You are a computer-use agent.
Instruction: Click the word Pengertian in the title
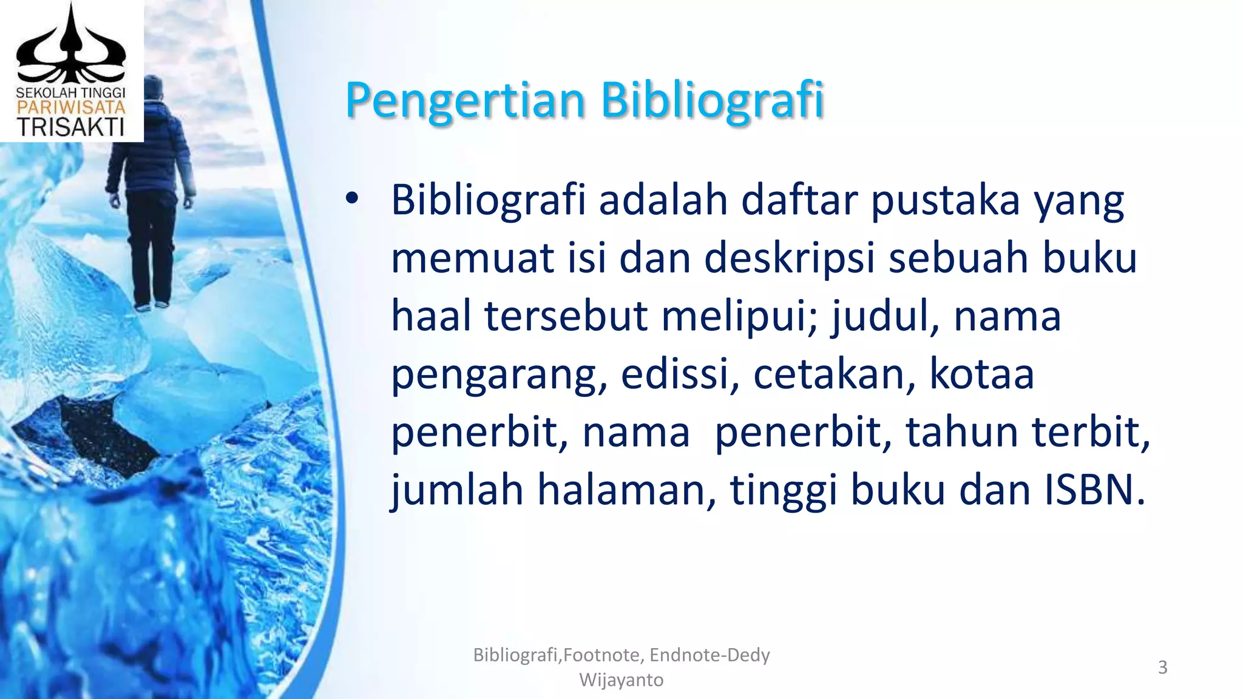click(x=464, y=100)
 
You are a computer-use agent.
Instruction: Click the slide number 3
click(x=1162, y=667)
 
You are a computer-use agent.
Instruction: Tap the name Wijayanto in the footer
click(x=621, y=680)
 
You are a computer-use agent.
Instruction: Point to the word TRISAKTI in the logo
click(x=70, y=127)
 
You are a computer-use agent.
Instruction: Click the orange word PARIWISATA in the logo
click(x=70, y=108)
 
